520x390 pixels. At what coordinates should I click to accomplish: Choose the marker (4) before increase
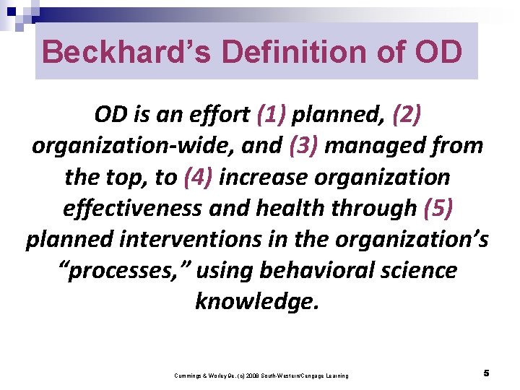tap(199, 177)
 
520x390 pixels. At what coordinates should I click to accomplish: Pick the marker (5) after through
tap(441, 208)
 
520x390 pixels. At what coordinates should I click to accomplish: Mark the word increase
tap(264, 177)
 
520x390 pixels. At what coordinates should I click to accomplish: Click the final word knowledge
tap(256, 301)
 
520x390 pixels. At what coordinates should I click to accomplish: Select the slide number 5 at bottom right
tap(487, 373)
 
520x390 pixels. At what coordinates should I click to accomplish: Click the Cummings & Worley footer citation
tap(261, 376)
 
